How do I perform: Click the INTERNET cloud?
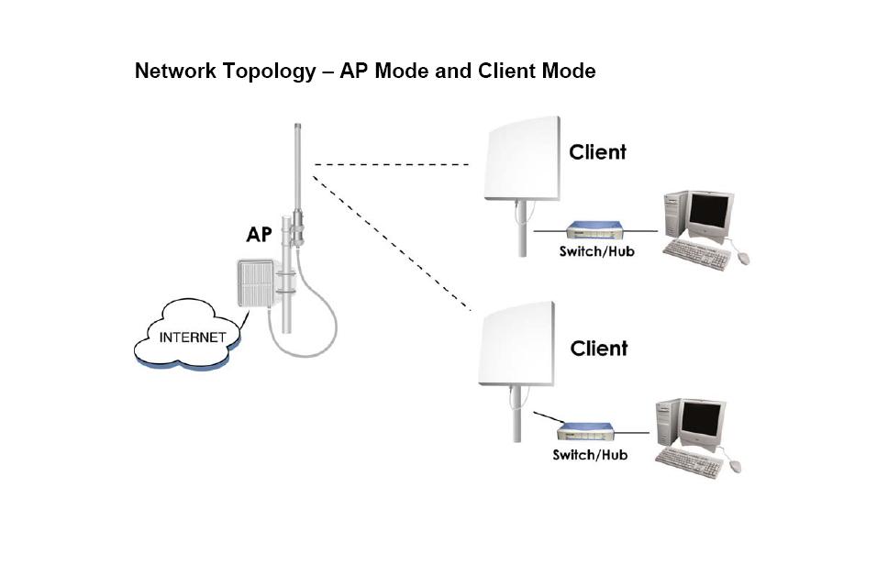click(x=191, y=338)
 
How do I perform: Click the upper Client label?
click(x=598, y=152)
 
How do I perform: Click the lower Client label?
click(x=599, y=349)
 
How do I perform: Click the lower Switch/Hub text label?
click(x=590, y=455)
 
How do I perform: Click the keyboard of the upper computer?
click(x=694, y=251)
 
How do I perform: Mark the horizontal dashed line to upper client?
click(x=392, y=165)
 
